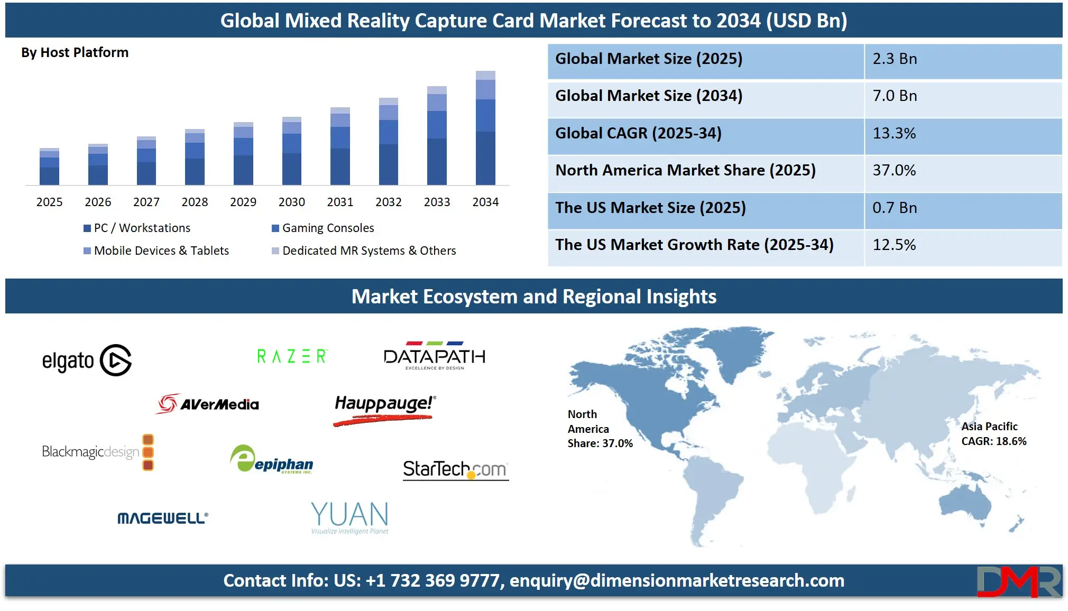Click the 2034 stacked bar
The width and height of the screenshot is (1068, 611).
click(485, 128)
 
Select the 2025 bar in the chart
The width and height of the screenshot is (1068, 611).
click(49, 166)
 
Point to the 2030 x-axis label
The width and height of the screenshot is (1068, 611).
click(292, 202)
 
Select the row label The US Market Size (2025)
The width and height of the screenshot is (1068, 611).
click(650, 208)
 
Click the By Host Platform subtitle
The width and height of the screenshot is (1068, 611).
click(75, 52)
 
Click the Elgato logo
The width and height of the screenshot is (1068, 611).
click(87, 360)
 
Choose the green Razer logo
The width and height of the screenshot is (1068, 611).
click(292, 356)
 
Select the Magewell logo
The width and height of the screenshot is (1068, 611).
click(163, 518)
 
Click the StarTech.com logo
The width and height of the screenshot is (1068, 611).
click(455, 469)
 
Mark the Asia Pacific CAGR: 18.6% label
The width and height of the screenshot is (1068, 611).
click(993, 433)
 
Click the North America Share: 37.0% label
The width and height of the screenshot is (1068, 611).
click(600, 429)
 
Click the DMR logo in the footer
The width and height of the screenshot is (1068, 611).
click(1019, 581)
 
